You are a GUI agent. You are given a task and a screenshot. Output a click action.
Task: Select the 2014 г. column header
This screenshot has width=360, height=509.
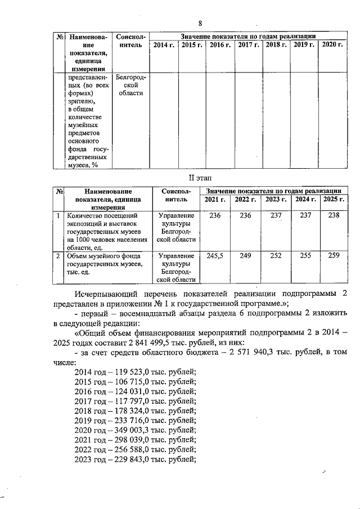[164, 44]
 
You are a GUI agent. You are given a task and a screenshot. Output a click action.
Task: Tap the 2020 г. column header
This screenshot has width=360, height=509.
[332, 44]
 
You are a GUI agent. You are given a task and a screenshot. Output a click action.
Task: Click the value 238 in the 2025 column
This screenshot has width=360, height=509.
[334, 215]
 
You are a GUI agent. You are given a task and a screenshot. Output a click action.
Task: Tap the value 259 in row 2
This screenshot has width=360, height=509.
[334, 255]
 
